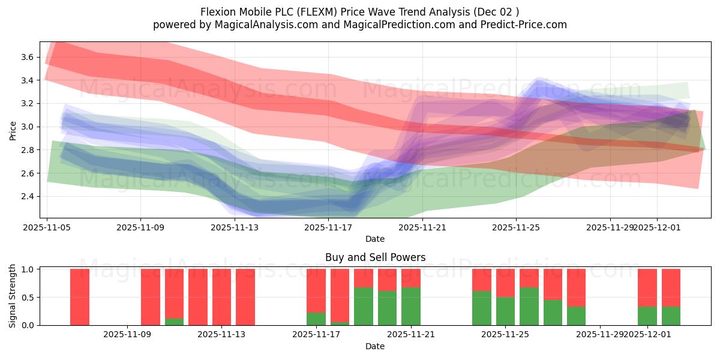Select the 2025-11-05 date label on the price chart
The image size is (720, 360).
[x=47, y=227]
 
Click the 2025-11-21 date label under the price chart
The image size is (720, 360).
[x=422, y=227]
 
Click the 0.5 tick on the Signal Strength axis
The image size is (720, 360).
[x=28, y=298]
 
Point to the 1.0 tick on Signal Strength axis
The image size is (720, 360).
[x=28, y=269]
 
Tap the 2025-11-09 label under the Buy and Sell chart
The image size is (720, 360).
[x=127, y=335]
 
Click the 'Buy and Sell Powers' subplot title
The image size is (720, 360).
[x=375, y=257]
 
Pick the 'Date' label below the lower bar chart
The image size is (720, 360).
[x=375, y=346]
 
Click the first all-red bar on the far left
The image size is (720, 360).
[x=80, y=297]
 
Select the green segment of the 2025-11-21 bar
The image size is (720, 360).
[x=411, y=307]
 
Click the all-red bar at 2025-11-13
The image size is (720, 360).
[x=222, y=297]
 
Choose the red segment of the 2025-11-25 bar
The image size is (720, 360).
[x=505, y=283]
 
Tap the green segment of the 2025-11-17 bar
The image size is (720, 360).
[x=316, y=319]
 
